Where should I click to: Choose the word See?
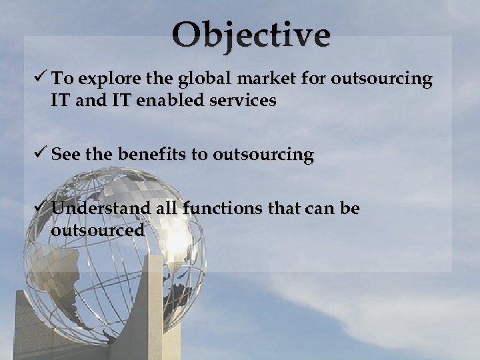click(x=65, y=155)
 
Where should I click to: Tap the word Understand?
click(x=98, y=209)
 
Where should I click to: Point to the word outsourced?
click(x=97, y=231)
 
